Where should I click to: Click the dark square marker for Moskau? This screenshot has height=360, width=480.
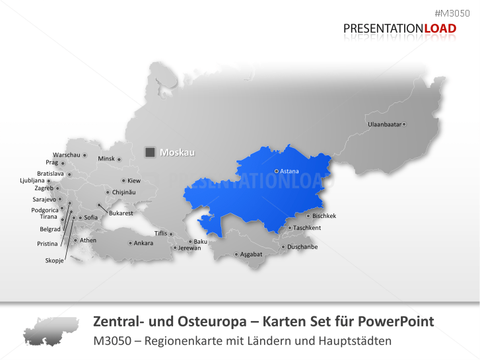tap(150, 153)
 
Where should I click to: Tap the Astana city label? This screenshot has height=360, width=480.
tap(290, 171)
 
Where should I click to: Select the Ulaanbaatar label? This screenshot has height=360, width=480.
tap(385, 124)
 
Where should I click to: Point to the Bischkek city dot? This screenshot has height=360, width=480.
tap(308, 216)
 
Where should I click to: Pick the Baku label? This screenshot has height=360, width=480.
tap(201, 242)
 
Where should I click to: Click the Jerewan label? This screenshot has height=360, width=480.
tap(189, 248)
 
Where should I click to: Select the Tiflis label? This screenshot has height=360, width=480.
tap(160, 233)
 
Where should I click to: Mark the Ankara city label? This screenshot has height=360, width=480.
tap(143, 243)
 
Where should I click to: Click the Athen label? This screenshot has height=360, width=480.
tap(88, 240)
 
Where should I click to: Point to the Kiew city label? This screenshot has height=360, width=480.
tap(134, 180)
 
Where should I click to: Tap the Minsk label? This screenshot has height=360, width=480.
tap(106, 159)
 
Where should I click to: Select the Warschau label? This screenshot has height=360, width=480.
tap(66, 155)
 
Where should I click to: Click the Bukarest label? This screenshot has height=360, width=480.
tap(121, 213)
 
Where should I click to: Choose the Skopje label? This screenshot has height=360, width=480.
tap(54, 260)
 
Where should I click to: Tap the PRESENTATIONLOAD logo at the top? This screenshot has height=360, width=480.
tap(399, 28)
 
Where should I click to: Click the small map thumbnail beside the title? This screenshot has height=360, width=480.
tap(50, 331)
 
